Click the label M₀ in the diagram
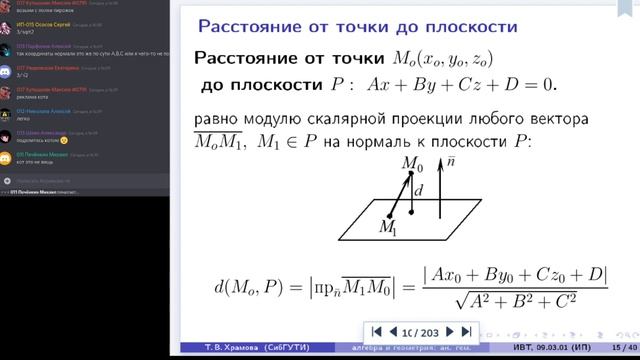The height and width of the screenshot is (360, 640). click(412, 162)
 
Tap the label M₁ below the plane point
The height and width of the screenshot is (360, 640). click(387, 230)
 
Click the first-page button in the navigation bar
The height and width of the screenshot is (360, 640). click(377, 331)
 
